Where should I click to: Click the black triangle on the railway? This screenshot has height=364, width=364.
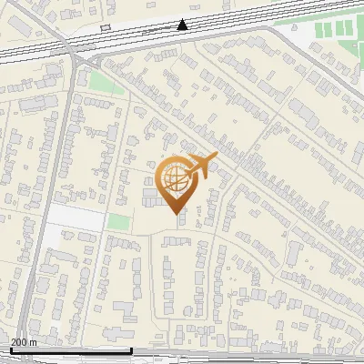click(184, 25)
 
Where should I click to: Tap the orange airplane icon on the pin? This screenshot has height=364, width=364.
click(201, 167)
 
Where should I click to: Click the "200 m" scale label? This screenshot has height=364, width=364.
click(25, 342)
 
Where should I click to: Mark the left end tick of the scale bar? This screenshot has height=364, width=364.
click(10, 349)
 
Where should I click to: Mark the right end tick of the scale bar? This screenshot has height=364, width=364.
click(132, 349)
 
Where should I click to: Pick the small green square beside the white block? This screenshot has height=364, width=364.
click(117, 221)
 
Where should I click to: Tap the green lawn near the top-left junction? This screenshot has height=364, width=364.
click(103, 81)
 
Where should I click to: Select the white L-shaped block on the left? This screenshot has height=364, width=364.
click(73, 218)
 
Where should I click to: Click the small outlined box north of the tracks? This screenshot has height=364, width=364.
click(105, 28)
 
